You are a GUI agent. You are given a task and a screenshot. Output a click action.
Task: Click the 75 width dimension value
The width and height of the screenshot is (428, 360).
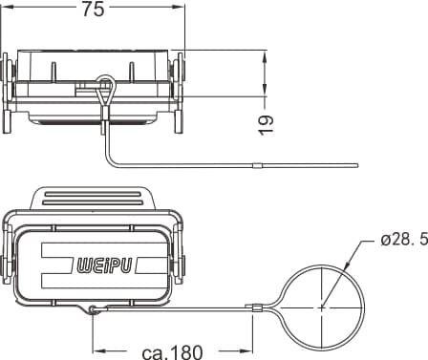pyautogui.click(x=94, y=9)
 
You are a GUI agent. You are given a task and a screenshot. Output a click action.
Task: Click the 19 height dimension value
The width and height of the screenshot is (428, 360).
pyautogui.click(x=266, y=125)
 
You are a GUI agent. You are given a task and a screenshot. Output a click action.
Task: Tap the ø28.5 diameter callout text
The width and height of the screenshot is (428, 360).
pyautogui.click(x=404, y=241)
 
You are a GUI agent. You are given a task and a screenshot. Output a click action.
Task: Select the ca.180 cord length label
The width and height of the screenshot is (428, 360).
pyautogui.click(x=172, y=352)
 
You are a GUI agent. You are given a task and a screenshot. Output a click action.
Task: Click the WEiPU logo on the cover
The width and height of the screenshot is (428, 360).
pyautogui.click(x=104, y=265)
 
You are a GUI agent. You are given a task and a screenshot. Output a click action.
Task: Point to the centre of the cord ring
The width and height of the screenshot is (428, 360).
pyautogui.click(x=322, y=307)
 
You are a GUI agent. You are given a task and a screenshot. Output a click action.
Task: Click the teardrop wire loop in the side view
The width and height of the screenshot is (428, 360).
pyautogui.click(x=104, y=91)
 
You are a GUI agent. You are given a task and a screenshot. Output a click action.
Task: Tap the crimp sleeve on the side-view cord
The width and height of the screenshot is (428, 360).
pyautogui.click(x=257, y=166)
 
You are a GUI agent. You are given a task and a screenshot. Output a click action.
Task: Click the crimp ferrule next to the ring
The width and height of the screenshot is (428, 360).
pyautogui.click(x=253, y=307)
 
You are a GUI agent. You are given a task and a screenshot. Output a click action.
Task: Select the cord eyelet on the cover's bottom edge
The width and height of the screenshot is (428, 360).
pyautogui.click(x=93, y=308)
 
